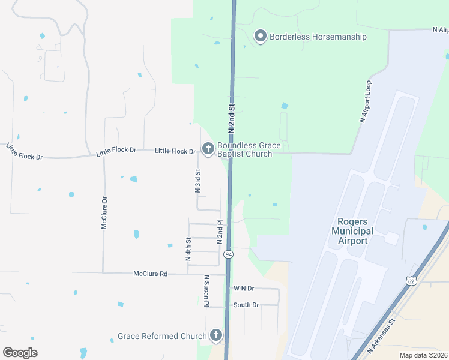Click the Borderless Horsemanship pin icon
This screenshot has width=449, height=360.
click(261, 37)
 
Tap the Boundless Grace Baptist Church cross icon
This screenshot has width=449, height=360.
click(208, 148)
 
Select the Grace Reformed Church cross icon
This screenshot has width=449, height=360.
click(215, 336)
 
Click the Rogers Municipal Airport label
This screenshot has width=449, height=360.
click(352, 231)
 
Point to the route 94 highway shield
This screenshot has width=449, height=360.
click(229, 254)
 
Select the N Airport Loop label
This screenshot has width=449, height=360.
click(366, 102)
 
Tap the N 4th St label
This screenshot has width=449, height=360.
click(188, 249)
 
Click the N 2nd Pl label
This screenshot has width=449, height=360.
click(220, 231)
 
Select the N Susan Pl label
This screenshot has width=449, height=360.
click(206, 291)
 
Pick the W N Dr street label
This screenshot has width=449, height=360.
click(244, 289)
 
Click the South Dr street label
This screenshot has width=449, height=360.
click(246, 305)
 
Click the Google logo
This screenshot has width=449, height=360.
click(20, 353)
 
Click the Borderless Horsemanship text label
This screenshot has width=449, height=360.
click(318, 37)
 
